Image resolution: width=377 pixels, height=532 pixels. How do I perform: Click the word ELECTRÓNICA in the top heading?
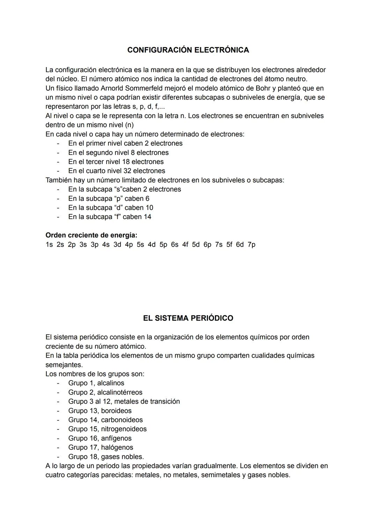tap(221, 50)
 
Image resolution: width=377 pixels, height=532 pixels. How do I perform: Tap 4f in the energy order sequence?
tap(185, 245)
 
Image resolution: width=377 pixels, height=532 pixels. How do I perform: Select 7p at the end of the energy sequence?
tap(251, 245)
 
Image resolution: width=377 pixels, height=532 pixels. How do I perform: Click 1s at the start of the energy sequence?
tap(49, 245)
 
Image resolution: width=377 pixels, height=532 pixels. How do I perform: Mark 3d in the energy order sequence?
tap(117, 245)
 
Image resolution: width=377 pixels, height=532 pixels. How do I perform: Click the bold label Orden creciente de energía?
tap(91, 235)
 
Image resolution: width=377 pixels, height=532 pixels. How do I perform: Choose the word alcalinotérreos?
tap(120, 392)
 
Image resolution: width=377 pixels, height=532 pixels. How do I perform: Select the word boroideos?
tap(116, 411)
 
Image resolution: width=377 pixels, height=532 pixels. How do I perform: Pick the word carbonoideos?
tap(122, 420)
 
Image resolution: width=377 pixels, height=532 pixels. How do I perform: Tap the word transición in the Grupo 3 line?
tap(164, 402)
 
